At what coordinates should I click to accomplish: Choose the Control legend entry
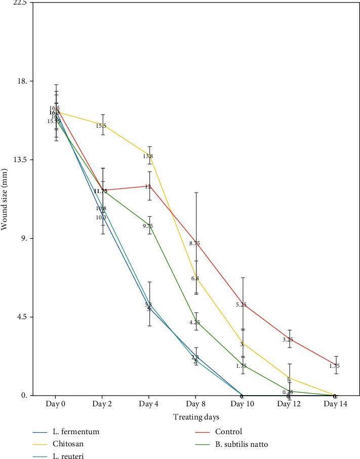click(228, 432)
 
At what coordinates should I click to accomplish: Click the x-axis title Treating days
click(195, 417)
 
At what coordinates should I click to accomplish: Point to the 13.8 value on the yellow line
click(148, 156)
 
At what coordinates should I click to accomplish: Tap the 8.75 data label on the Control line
click(194, 243)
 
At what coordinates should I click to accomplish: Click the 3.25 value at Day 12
click(288, 339)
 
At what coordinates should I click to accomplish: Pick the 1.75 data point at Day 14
click(334, 366)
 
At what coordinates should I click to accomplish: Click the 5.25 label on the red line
click(241, 304)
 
